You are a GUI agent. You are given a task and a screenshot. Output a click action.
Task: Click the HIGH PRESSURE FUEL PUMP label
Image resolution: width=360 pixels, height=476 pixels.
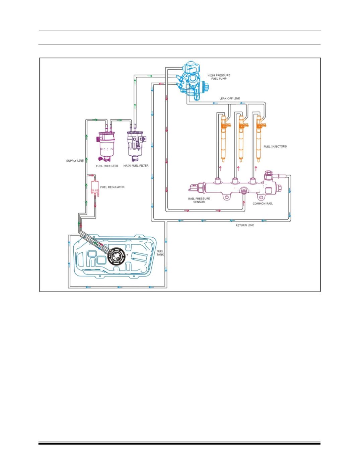click(x=219, y=77)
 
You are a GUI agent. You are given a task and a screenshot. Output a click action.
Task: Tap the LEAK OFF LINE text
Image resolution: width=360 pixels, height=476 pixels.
click(x=229, y=98)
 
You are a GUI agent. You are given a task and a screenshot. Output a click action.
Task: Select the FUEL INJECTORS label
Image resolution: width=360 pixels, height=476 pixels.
click(x=275, y=146)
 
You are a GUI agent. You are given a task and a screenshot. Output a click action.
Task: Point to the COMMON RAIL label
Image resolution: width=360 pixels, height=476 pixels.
click(x=263, y=204)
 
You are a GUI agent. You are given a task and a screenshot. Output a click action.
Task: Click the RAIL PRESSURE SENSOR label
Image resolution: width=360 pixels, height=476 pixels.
click(x=199, y=200)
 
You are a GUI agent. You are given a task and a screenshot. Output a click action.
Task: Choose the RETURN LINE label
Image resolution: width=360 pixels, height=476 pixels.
click(x=244, y=225)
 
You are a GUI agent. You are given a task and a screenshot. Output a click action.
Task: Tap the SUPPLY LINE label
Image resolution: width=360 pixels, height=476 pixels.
click(x=75, y=161)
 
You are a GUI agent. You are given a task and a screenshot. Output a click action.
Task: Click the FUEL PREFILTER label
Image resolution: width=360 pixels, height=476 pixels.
click(x=107, y=166)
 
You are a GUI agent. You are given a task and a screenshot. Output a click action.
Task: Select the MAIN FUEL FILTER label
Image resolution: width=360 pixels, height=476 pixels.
click(x=136, y=165)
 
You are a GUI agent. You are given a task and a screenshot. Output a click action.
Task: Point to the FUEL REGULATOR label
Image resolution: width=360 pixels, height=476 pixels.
click(x=112, y=187)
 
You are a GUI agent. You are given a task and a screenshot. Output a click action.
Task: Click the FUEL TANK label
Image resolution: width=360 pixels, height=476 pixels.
click(x=160, y=253)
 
